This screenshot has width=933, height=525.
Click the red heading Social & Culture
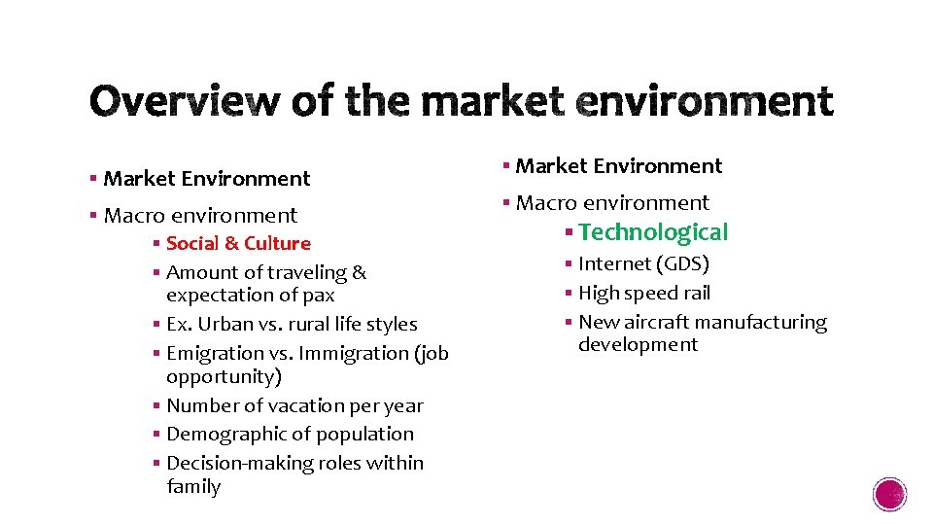[238, 243]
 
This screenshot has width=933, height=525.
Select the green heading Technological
[653, 232]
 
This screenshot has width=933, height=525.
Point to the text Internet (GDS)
[643, 263]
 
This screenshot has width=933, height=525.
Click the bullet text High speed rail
[644, 293]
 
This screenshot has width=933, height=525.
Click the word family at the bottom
[193, 486]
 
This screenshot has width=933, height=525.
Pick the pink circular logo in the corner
[890, 495]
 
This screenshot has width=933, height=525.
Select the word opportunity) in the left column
[224, 376]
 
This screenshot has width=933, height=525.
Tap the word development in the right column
[638, 345]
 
